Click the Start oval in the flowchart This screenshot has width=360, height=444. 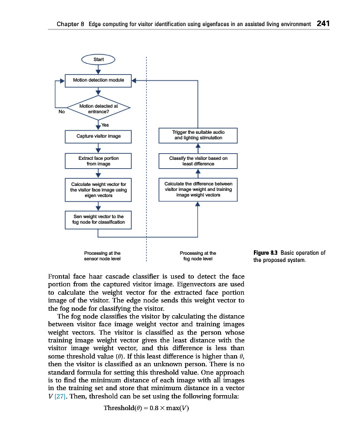[x=98, y=59]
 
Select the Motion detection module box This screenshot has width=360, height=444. [x=98, y=80]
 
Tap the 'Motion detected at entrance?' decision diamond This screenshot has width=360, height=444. [x=98, y=108]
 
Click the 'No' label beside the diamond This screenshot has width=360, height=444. [x=62, y=112]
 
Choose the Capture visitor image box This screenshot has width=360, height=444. [x=98, y=135]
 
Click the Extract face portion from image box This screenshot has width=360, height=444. [x=98, y=161]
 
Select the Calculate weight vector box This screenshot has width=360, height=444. [x=98, y=190]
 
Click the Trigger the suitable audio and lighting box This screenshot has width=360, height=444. [x=198, y=135]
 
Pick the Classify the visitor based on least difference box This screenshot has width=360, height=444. [x=198, y=161]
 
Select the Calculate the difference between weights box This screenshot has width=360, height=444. [x=198, y=189]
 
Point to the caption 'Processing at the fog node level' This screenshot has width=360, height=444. [x=198, y=256]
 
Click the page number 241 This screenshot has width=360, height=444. [x=323, y=23]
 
